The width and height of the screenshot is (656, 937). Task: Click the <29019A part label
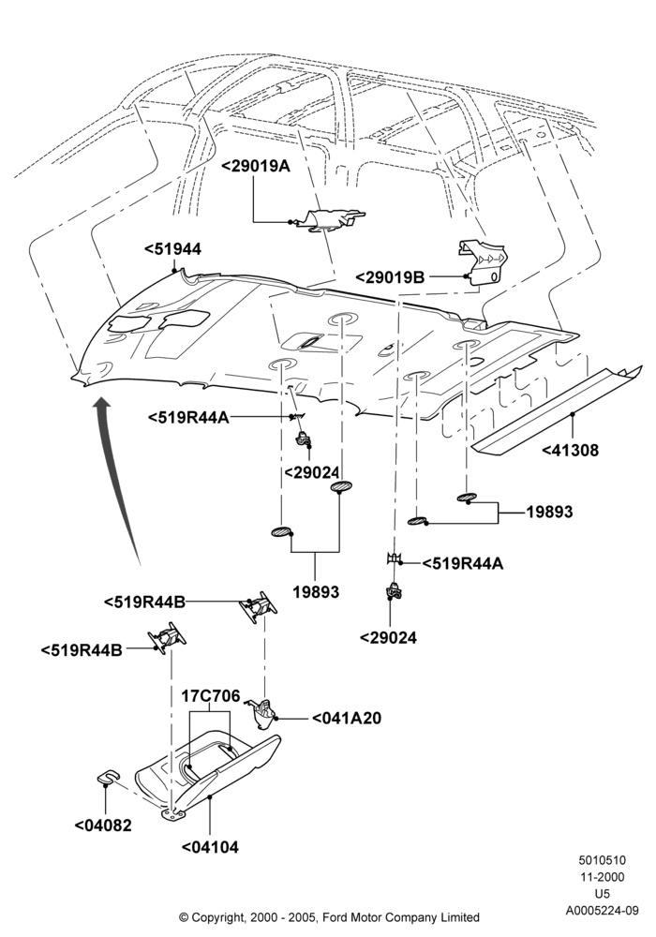click(x=256, y=166)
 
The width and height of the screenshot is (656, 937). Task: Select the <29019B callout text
click(x=390, y=277)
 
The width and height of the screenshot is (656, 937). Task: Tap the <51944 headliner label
click(x=173, y=249)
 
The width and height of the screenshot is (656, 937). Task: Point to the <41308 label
click(x=570, y=450)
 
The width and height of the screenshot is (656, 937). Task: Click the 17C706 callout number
click(x=211, y=695)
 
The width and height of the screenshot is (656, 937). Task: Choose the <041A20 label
click(x=347, y=718)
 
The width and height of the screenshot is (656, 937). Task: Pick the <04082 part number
click(x=103, y=825)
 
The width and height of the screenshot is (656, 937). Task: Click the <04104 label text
click(x=210, y=847)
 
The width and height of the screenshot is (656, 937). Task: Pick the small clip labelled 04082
click(x=106, y=776)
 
